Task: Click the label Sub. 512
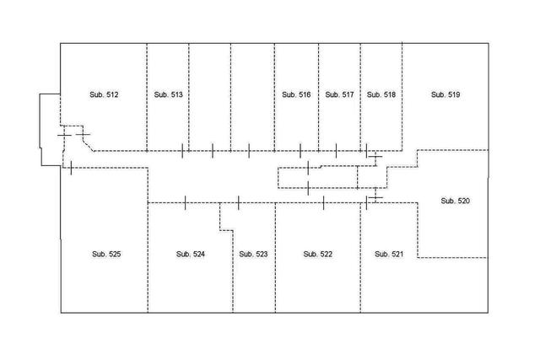point(104,95)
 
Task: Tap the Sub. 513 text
point(169,95)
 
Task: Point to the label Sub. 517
point(339,95)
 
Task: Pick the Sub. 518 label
point(381,95)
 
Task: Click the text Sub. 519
point(445,95)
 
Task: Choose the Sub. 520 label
point(456,201)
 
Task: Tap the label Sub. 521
point(389,254)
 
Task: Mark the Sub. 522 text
point(317,254)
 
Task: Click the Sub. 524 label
point(191,254)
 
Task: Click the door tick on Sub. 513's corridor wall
point(184,151)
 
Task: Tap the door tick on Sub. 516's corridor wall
point(301,151)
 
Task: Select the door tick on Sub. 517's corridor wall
point(337,151)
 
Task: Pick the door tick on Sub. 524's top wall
point(185,202)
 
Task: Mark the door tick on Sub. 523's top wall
point(239,202)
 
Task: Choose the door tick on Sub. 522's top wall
point(323,202)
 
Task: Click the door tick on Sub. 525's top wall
point(72,167)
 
